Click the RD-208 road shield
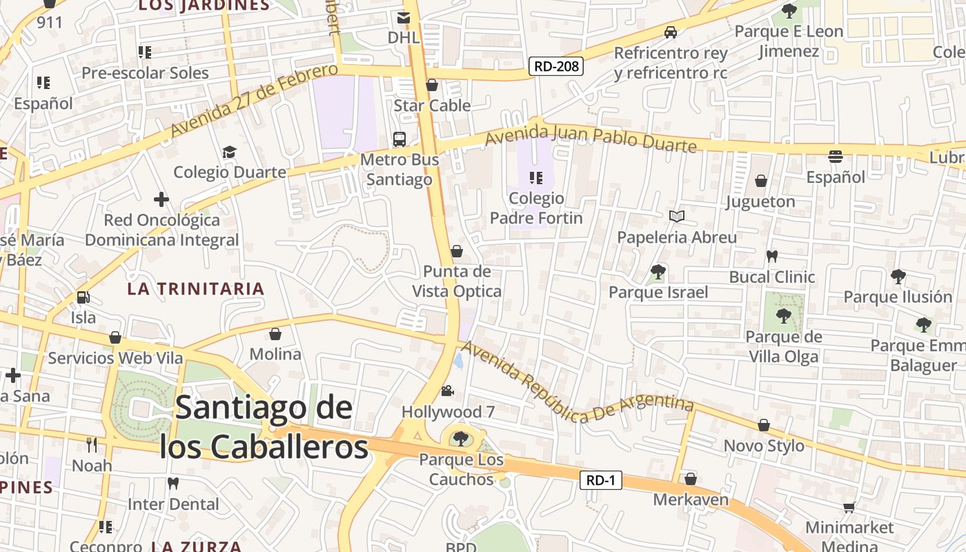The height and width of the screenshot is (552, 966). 556,66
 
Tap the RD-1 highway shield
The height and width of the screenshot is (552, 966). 600,480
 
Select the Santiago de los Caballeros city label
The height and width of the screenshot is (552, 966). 264,427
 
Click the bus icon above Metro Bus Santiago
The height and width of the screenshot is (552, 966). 400,139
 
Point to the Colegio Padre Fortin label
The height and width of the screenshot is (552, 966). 536,208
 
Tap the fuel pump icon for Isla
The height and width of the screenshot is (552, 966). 83,297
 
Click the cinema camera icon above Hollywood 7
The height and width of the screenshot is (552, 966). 448,391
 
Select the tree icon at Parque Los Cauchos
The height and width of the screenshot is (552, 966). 460,439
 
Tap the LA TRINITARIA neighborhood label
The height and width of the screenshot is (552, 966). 196,289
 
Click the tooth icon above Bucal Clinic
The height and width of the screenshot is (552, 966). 772,256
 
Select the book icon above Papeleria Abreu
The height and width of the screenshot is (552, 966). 677,217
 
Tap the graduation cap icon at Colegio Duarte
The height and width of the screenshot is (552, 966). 229,152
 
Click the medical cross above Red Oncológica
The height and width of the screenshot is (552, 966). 161,200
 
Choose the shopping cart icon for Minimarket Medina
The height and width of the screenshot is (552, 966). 849,507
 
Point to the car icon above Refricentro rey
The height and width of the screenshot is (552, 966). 670,32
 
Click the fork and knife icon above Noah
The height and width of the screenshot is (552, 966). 92,444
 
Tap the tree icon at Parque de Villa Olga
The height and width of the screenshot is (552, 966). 783,317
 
